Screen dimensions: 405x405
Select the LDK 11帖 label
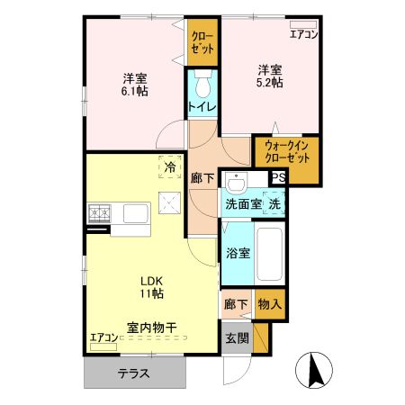point(150,287)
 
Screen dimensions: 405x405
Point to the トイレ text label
point(201,107)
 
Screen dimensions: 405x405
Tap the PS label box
point(278,177)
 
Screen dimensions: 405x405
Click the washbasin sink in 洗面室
point(236,183)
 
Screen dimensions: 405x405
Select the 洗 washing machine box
point(274,203)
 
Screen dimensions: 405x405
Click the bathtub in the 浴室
point(269,253)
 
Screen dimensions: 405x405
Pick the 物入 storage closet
point(269,304)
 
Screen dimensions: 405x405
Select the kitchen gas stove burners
point(99,214)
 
